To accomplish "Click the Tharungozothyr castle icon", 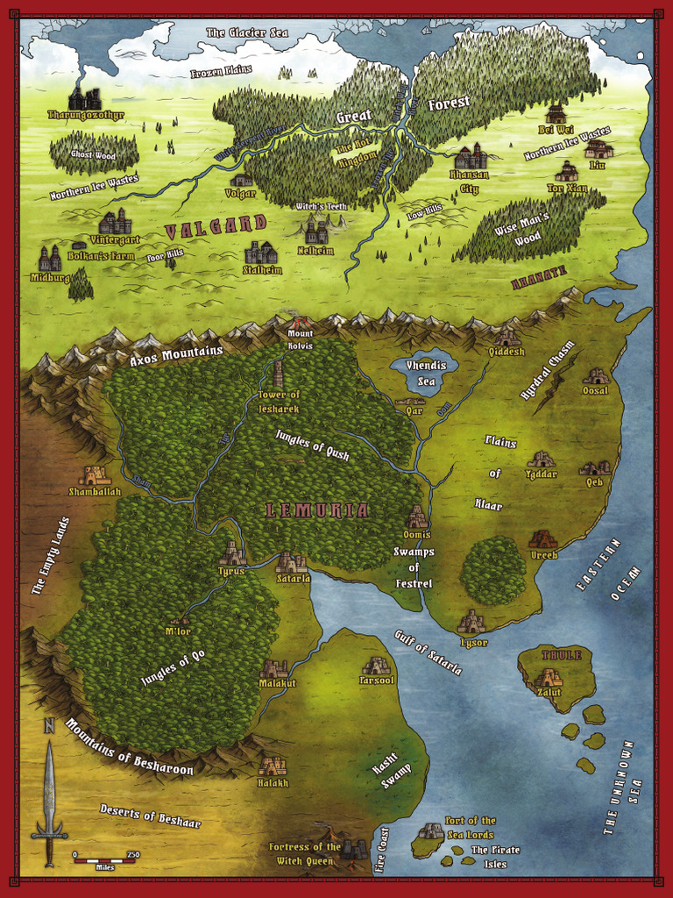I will pos(84,99).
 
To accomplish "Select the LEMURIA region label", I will pos(318,510).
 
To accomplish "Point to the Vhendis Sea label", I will pos(425,371).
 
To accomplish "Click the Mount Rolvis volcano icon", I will pos(300,323).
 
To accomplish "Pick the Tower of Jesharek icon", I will pos(278,374).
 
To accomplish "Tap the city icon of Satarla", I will pos(291,562).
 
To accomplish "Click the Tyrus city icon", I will pos(232,554).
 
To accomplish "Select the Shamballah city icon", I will pos(94,475).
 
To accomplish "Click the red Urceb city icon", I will pos(542,539).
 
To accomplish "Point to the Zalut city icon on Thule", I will pos(549,677).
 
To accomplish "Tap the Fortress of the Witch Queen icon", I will pos(353,848).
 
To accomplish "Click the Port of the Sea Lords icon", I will pos(430,830).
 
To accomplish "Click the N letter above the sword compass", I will pos(49,726).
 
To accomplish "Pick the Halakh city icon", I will pos(272,766).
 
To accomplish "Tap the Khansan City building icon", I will pos(471,158).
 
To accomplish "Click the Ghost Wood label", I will pos(94,154).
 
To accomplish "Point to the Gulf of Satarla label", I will pos(428,652).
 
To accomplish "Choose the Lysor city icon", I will pos(471,623).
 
